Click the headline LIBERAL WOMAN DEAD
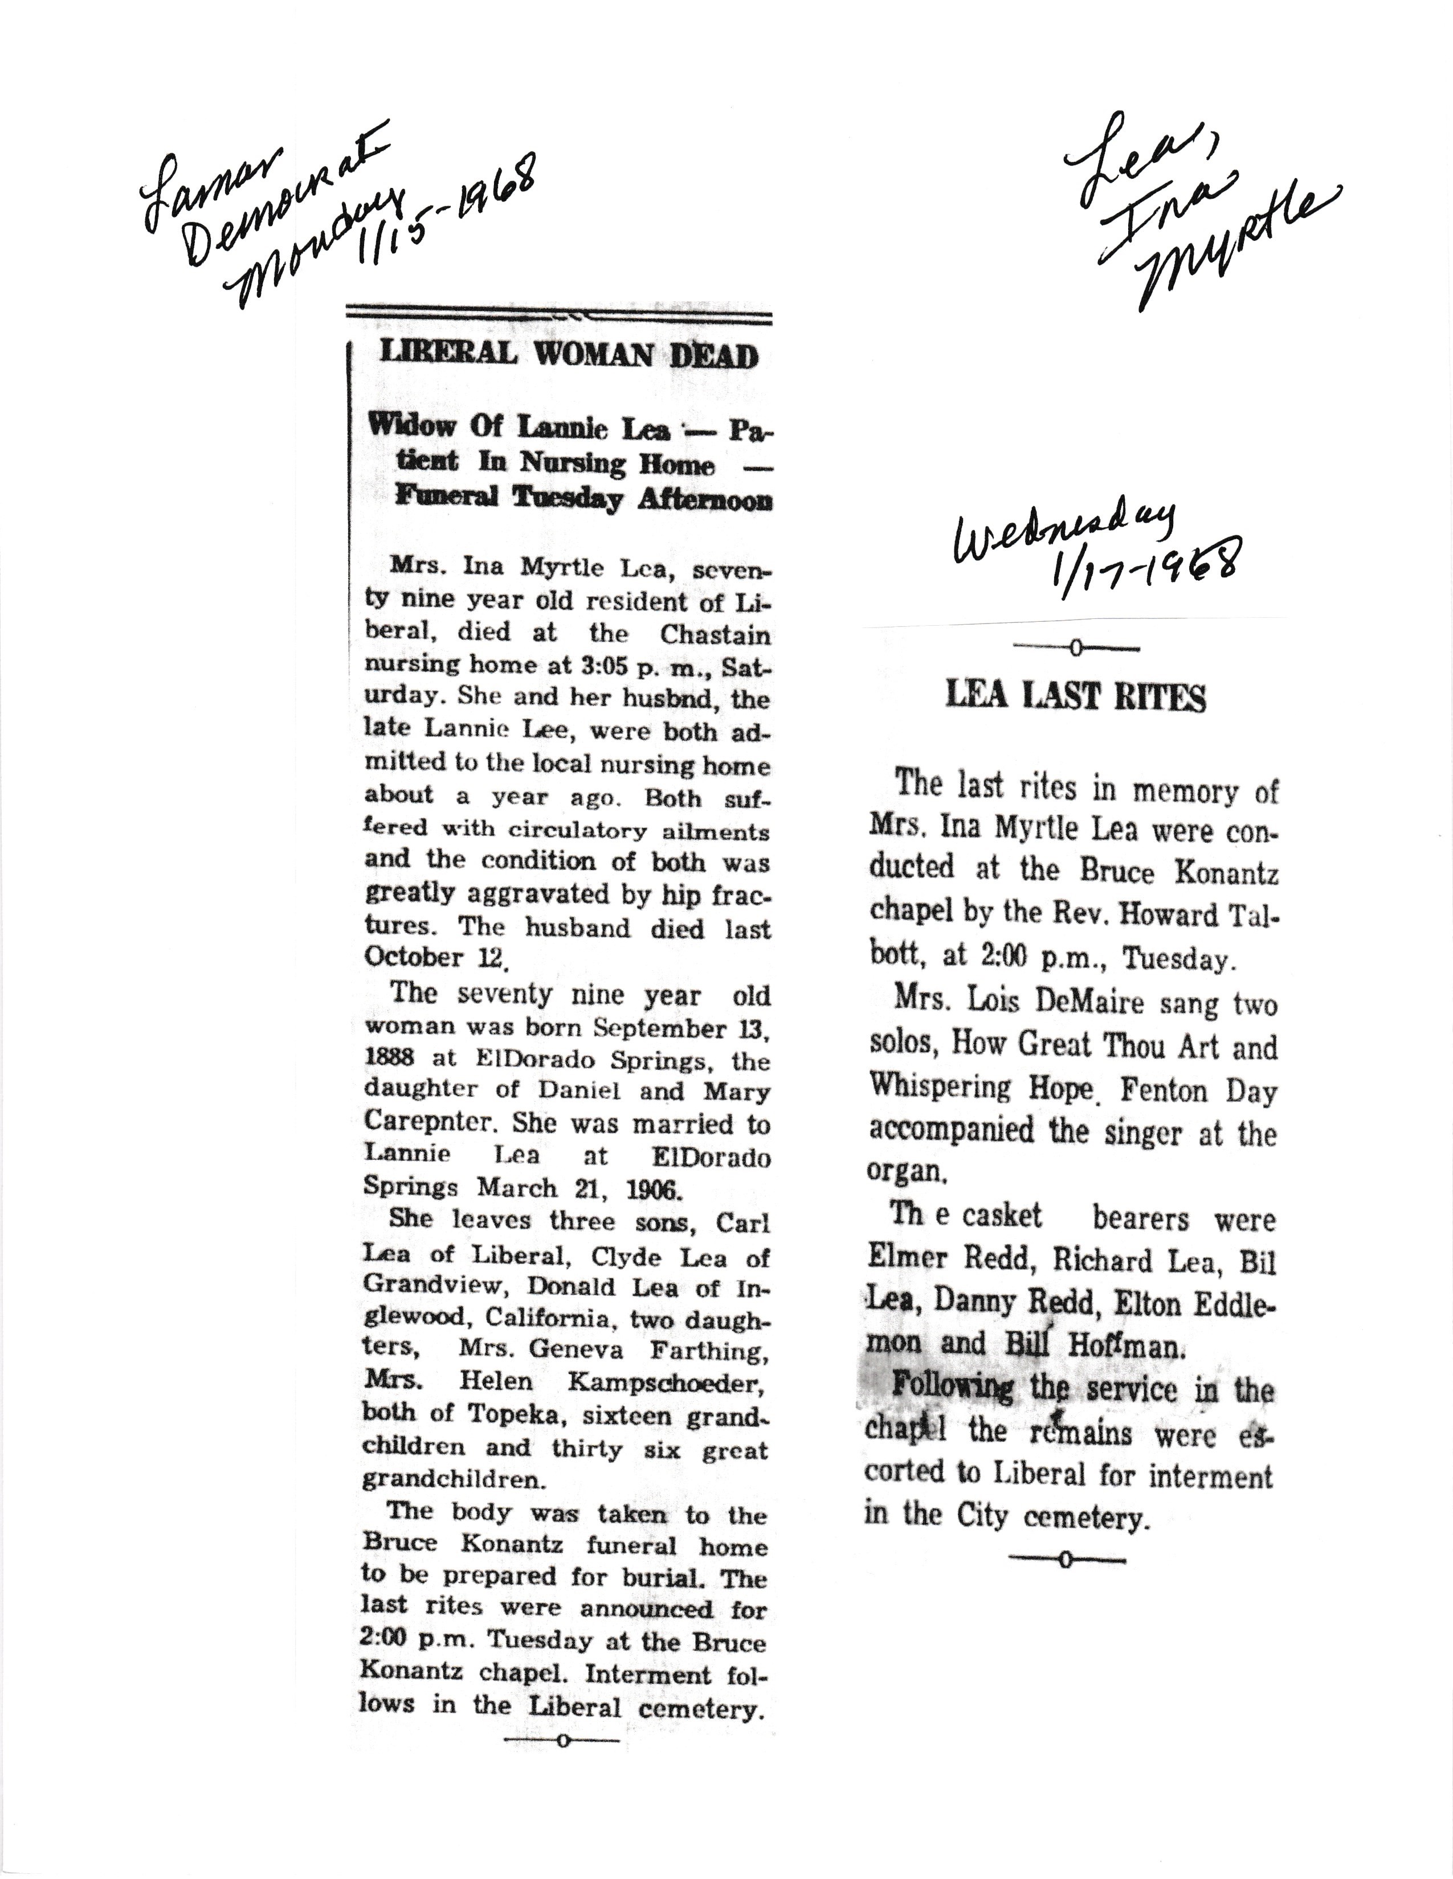pyautogui.click(x=569, y=355)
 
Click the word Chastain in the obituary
pyautogui.click(x=715, y=634)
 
